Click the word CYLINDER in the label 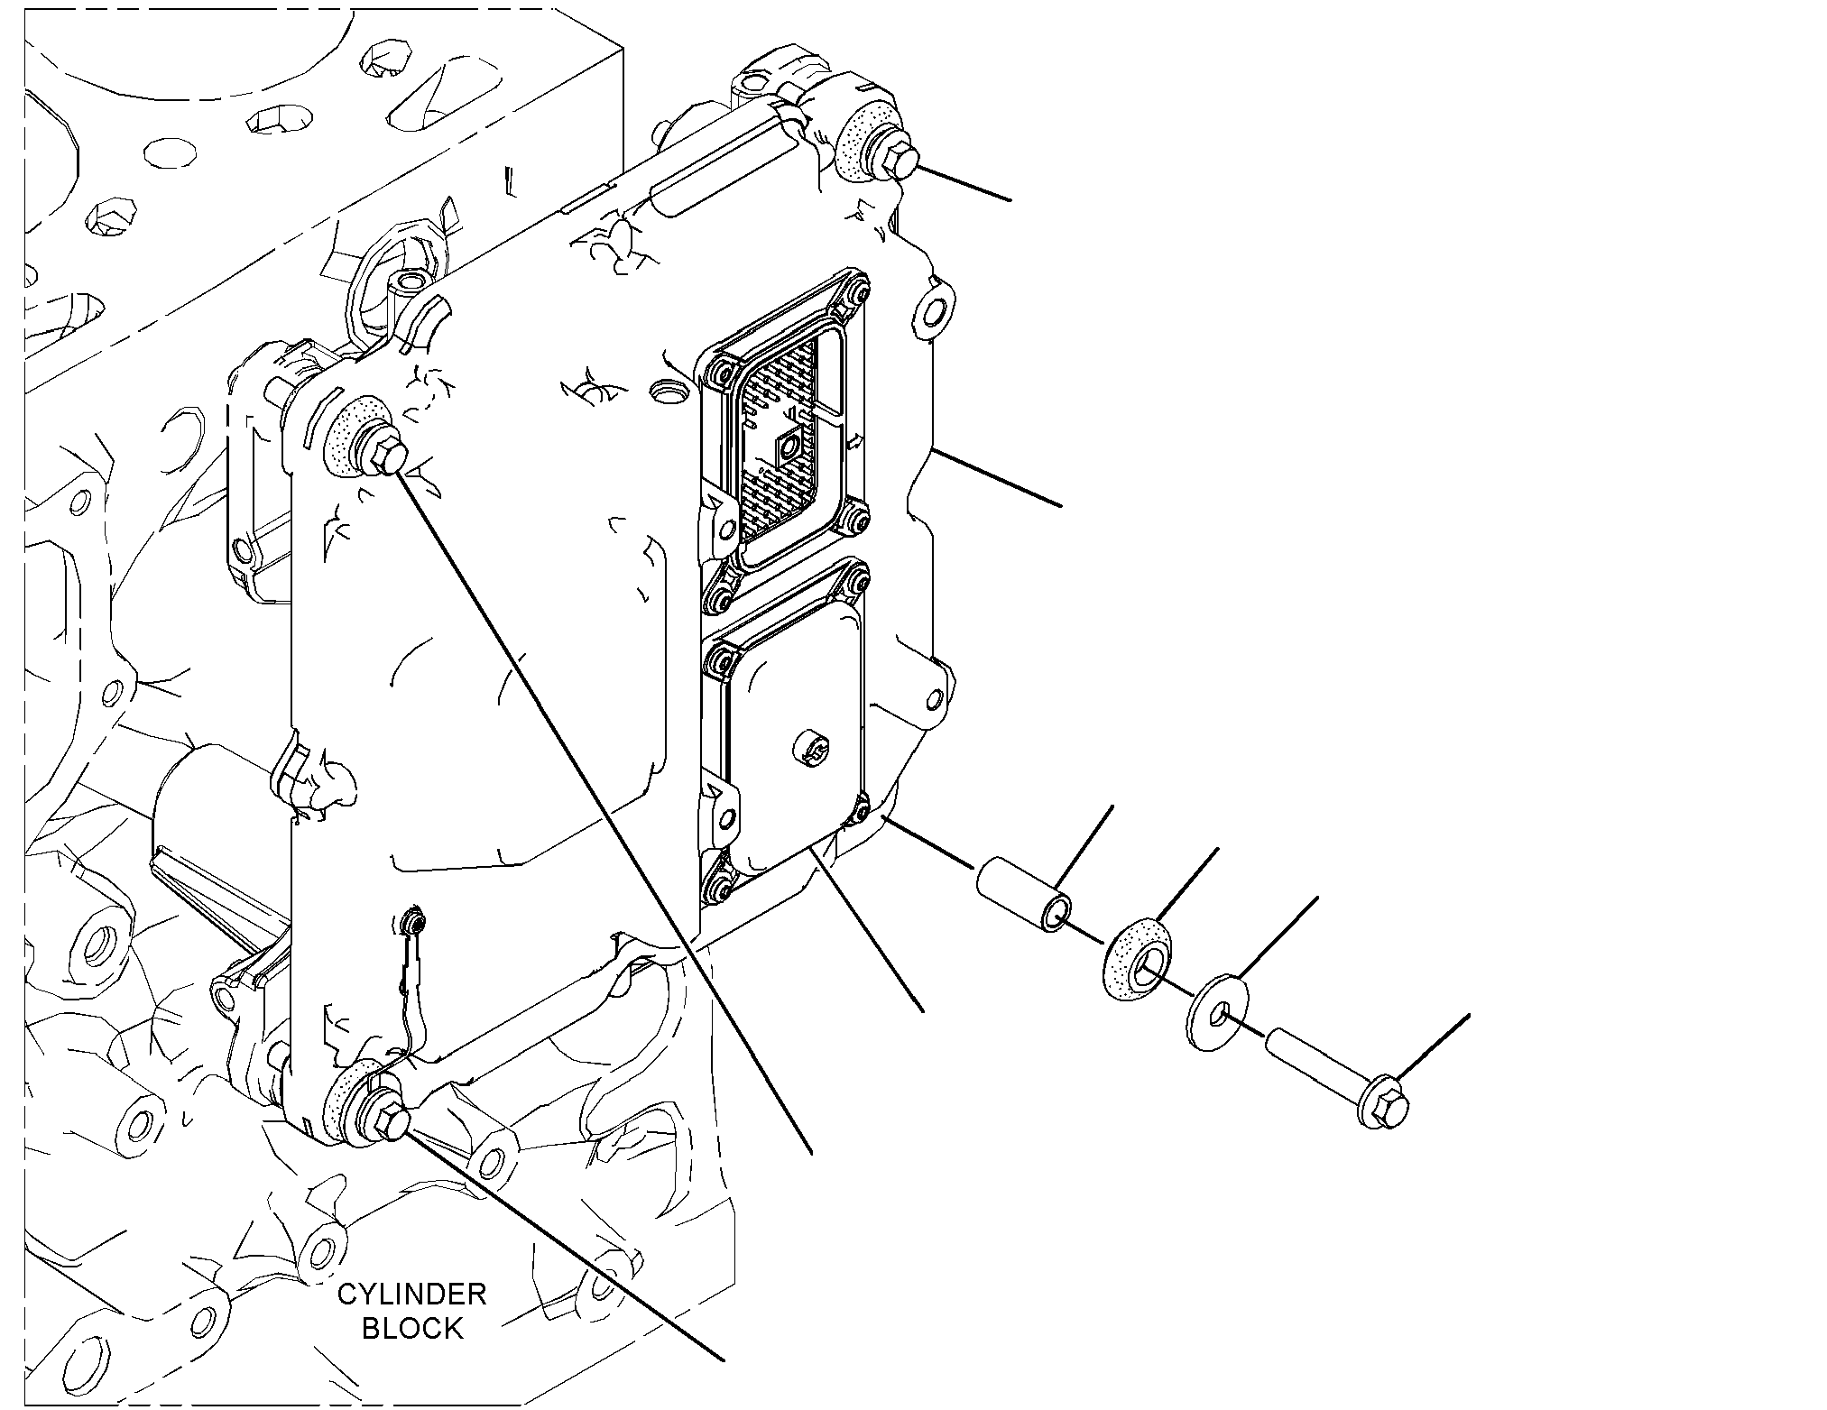[411, 1295]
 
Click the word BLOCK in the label [412, 1328]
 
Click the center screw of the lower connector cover [808, 749]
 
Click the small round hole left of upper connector [665, 392]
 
